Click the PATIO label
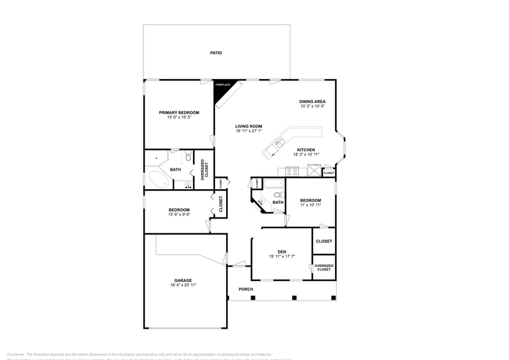(216, 53)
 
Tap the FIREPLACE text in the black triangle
(222, 84)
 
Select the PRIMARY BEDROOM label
(179, 113)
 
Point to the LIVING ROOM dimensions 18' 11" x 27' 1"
(249, 130)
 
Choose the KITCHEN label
(306, 150)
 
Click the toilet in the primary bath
(188, 159)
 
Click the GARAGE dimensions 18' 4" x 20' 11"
(183, 285)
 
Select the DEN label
(282, 252)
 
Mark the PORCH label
(246, 289)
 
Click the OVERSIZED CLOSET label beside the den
(324, 268)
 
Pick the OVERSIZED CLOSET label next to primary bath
(205, 170)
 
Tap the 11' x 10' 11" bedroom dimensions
(311, 204)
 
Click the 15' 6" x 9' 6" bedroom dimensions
(179, 214)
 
